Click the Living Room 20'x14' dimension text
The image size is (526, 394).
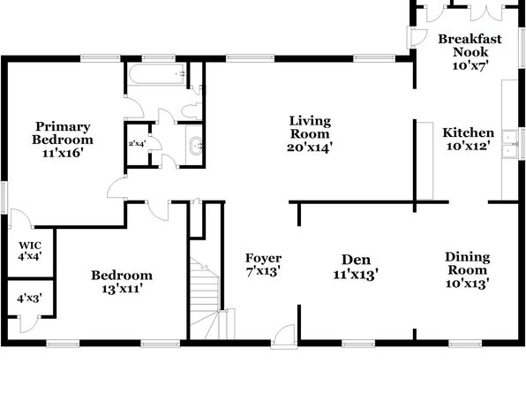[310, 148]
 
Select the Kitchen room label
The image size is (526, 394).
[469, 133]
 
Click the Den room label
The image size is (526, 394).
[356, 260]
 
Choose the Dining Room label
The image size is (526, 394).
[467, 263]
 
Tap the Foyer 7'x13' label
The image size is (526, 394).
[263, 264]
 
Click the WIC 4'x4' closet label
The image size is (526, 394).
[30, 251]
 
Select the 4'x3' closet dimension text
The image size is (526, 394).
[30, 298]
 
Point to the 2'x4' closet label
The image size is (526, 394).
[137, 143]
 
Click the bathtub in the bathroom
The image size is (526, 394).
[157, 74]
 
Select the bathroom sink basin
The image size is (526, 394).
[196, 146]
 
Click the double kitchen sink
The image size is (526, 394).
[510, 144]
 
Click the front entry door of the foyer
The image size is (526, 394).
[284, 336]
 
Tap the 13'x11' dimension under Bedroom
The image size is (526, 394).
[122, 289]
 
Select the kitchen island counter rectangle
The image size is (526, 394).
[425, 161]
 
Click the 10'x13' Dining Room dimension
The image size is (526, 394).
[467, 284]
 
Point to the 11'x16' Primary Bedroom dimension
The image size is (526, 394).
[63, 153]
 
